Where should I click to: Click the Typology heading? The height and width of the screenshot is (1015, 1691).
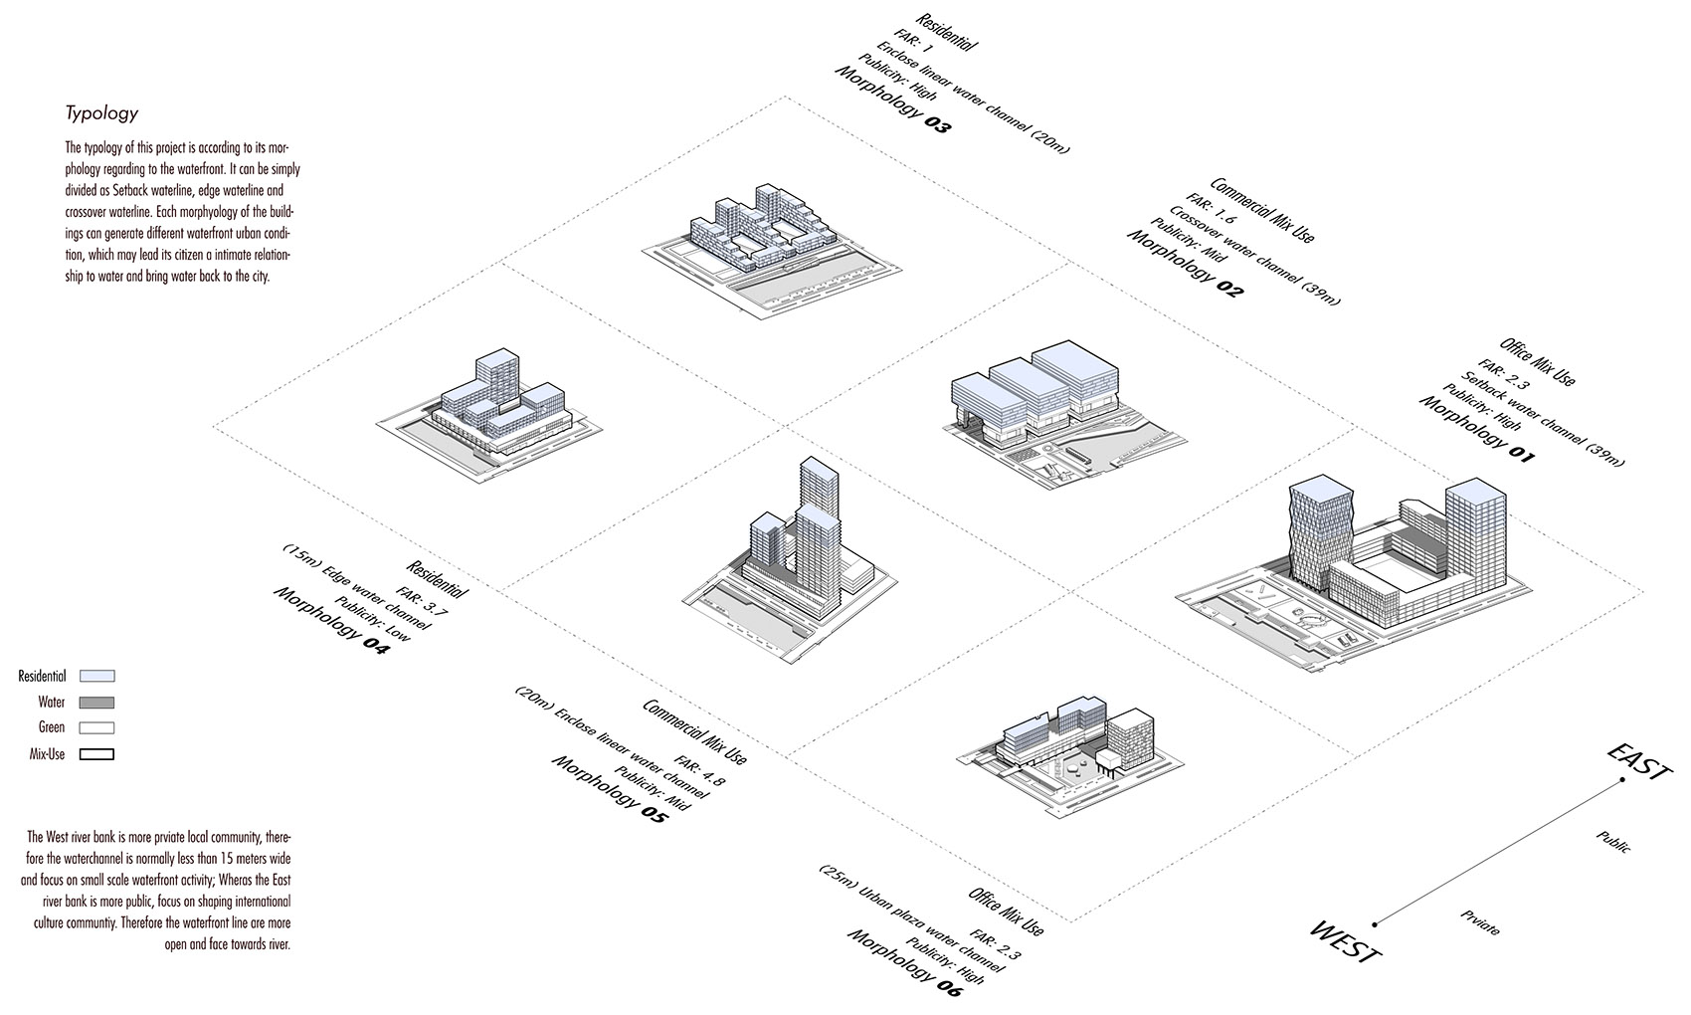(x=101, y=113)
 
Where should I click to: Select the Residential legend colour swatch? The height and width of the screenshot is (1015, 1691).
(x=96, y=676)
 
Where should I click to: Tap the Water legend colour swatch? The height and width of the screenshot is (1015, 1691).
(x=96, y=703)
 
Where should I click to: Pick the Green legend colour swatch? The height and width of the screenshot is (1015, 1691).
(x=96, y=728)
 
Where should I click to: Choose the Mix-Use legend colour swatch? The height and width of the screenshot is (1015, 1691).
(x=96, y=753)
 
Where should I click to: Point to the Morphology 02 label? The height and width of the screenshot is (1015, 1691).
(x=1185, y=263)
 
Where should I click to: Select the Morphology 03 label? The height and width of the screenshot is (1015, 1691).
(x=892, y=99)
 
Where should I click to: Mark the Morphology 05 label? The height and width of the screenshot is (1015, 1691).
(x=610, y=788)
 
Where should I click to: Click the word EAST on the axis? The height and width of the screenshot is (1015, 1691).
(x=1639, y=762)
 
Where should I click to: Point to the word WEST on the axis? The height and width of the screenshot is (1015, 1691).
(x=1345, y=941)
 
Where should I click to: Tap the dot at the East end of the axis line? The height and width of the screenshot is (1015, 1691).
(x=1621, y=780)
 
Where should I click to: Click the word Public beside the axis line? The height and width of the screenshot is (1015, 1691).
(x=1613, y=841)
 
